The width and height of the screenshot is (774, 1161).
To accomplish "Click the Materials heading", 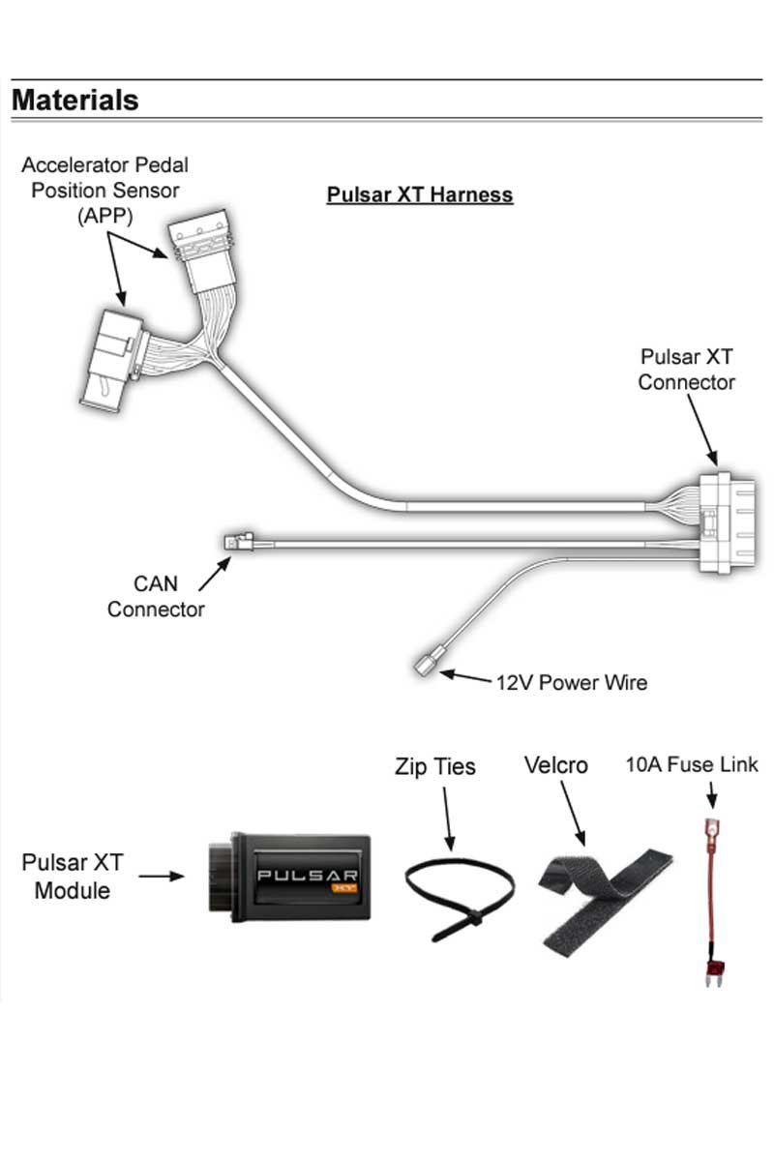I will click(x=75, y=100).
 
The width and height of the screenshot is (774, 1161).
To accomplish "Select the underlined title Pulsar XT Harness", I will click(x=419, y=194).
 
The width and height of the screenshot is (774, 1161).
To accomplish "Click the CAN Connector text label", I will click(x=156, y=597).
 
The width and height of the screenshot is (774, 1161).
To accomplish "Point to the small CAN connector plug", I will click(x=238, y=541).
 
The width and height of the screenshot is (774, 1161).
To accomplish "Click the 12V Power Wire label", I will click(x=571, y=682).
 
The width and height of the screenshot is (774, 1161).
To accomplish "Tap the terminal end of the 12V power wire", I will click(x=428, y=665).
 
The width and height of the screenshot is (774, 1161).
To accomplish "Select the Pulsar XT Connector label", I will click(x=686, y=370).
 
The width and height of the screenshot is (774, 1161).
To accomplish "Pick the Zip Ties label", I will click(x=435, y=767).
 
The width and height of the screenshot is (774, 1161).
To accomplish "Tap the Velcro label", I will click(x=555, y=765).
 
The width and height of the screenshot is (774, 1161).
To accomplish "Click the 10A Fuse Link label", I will click(x=692, y=765).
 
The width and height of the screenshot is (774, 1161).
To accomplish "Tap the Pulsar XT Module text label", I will click(x=73, y=876).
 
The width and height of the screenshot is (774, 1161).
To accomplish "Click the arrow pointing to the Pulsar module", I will click(x=161, y=877).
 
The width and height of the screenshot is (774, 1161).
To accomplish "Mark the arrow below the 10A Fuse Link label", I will click(x=713, y=795).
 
